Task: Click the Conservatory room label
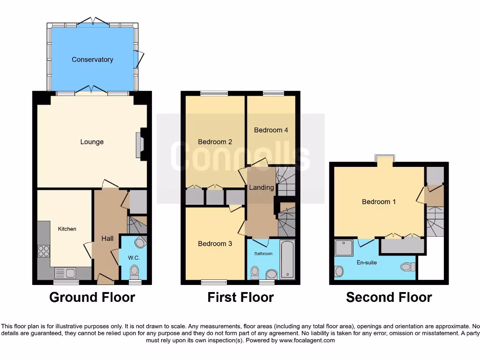point(92,60)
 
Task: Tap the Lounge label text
point(92,142)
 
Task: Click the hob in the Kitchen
point(44,251)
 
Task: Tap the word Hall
point(107,239)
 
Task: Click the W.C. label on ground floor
point(134,258)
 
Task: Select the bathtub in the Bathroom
point(287,259)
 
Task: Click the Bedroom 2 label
point(215,142)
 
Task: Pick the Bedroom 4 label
point(271,130)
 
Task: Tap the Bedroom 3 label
point(215,243)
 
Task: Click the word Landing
point(261,187)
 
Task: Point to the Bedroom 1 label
point(379,202)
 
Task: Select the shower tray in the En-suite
point(344,247)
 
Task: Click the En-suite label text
point(367,262)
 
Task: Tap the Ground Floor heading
point(92,297)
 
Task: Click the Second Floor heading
point(389,297)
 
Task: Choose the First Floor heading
point(240,297)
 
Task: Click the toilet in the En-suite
point(406,267)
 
